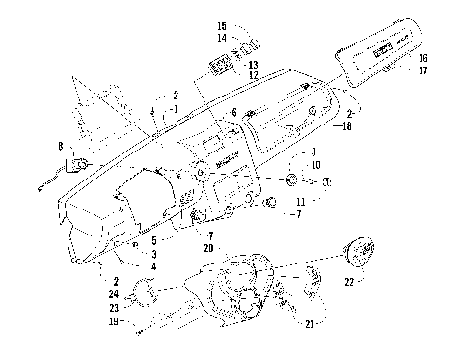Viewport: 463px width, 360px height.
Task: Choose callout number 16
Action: point(422,58)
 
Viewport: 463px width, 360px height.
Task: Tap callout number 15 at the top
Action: point(222,25)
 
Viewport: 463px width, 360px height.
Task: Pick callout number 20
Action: point(209,247)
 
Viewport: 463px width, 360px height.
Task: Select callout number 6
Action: point(233,113)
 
